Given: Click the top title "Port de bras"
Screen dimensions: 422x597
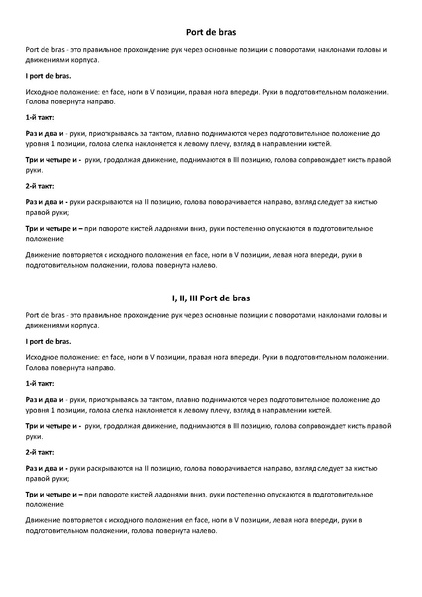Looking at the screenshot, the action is (x=210, y=32).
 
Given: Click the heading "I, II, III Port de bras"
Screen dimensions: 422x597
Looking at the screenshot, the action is (x=210, y=298).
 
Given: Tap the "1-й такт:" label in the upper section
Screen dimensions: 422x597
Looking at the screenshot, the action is (x=41, y=117).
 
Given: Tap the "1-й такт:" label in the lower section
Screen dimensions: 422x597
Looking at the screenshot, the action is (x=41, y=383).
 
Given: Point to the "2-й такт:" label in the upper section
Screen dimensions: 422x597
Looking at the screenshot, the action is (x=41, y=185).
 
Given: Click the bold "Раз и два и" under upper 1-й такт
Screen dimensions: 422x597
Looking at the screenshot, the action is (x=44, y=133).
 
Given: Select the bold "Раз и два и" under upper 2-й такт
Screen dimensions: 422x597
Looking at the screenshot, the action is (x=44, y=202).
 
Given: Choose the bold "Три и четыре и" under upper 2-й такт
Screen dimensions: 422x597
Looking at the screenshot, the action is (x=51, y=228).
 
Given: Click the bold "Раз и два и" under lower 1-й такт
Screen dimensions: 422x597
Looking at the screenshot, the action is (x=44, y=399).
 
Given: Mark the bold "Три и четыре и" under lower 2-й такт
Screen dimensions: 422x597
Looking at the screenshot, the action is (x=51, y=494).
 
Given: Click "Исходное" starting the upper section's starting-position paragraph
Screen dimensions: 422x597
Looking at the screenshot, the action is (x=42, y=91).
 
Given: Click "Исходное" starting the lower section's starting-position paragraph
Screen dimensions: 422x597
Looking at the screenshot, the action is (x=42, y=356).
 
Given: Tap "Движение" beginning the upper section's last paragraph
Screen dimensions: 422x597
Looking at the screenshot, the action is (x=43, y=254).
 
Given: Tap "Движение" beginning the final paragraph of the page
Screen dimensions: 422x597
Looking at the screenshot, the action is (x=43, y=519).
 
